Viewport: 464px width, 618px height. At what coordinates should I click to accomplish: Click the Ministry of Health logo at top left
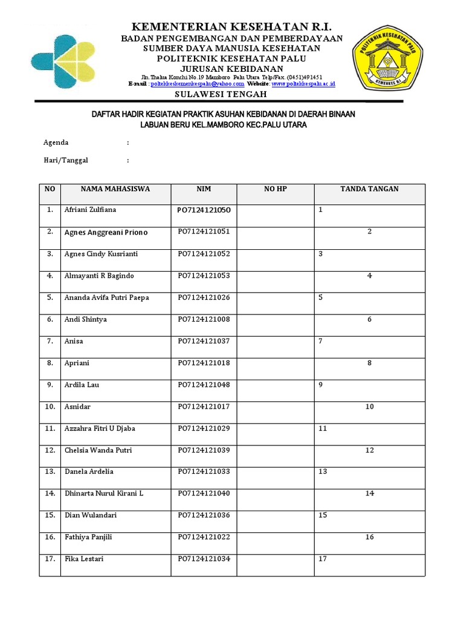62,61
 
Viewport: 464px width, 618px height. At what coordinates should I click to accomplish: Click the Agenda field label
56,143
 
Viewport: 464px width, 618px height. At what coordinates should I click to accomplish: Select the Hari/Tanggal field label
65,161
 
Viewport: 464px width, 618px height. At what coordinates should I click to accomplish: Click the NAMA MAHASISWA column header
115,190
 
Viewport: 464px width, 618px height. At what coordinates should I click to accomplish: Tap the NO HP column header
275,190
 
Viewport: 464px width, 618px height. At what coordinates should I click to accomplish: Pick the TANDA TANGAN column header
369,190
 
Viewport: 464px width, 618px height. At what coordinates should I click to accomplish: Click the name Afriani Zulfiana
90,210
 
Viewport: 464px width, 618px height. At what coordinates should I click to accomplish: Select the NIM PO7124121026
204,298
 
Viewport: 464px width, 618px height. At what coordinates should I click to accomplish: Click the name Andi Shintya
85,319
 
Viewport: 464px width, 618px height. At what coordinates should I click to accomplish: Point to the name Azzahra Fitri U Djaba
100,428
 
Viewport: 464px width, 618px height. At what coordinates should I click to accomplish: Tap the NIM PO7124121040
204,494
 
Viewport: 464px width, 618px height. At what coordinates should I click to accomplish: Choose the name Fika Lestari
84,559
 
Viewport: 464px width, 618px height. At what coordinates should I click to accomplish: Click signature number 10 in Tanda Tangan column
369,407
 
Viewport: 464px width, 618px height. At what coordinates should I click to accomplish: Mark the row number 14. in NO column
50,494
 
